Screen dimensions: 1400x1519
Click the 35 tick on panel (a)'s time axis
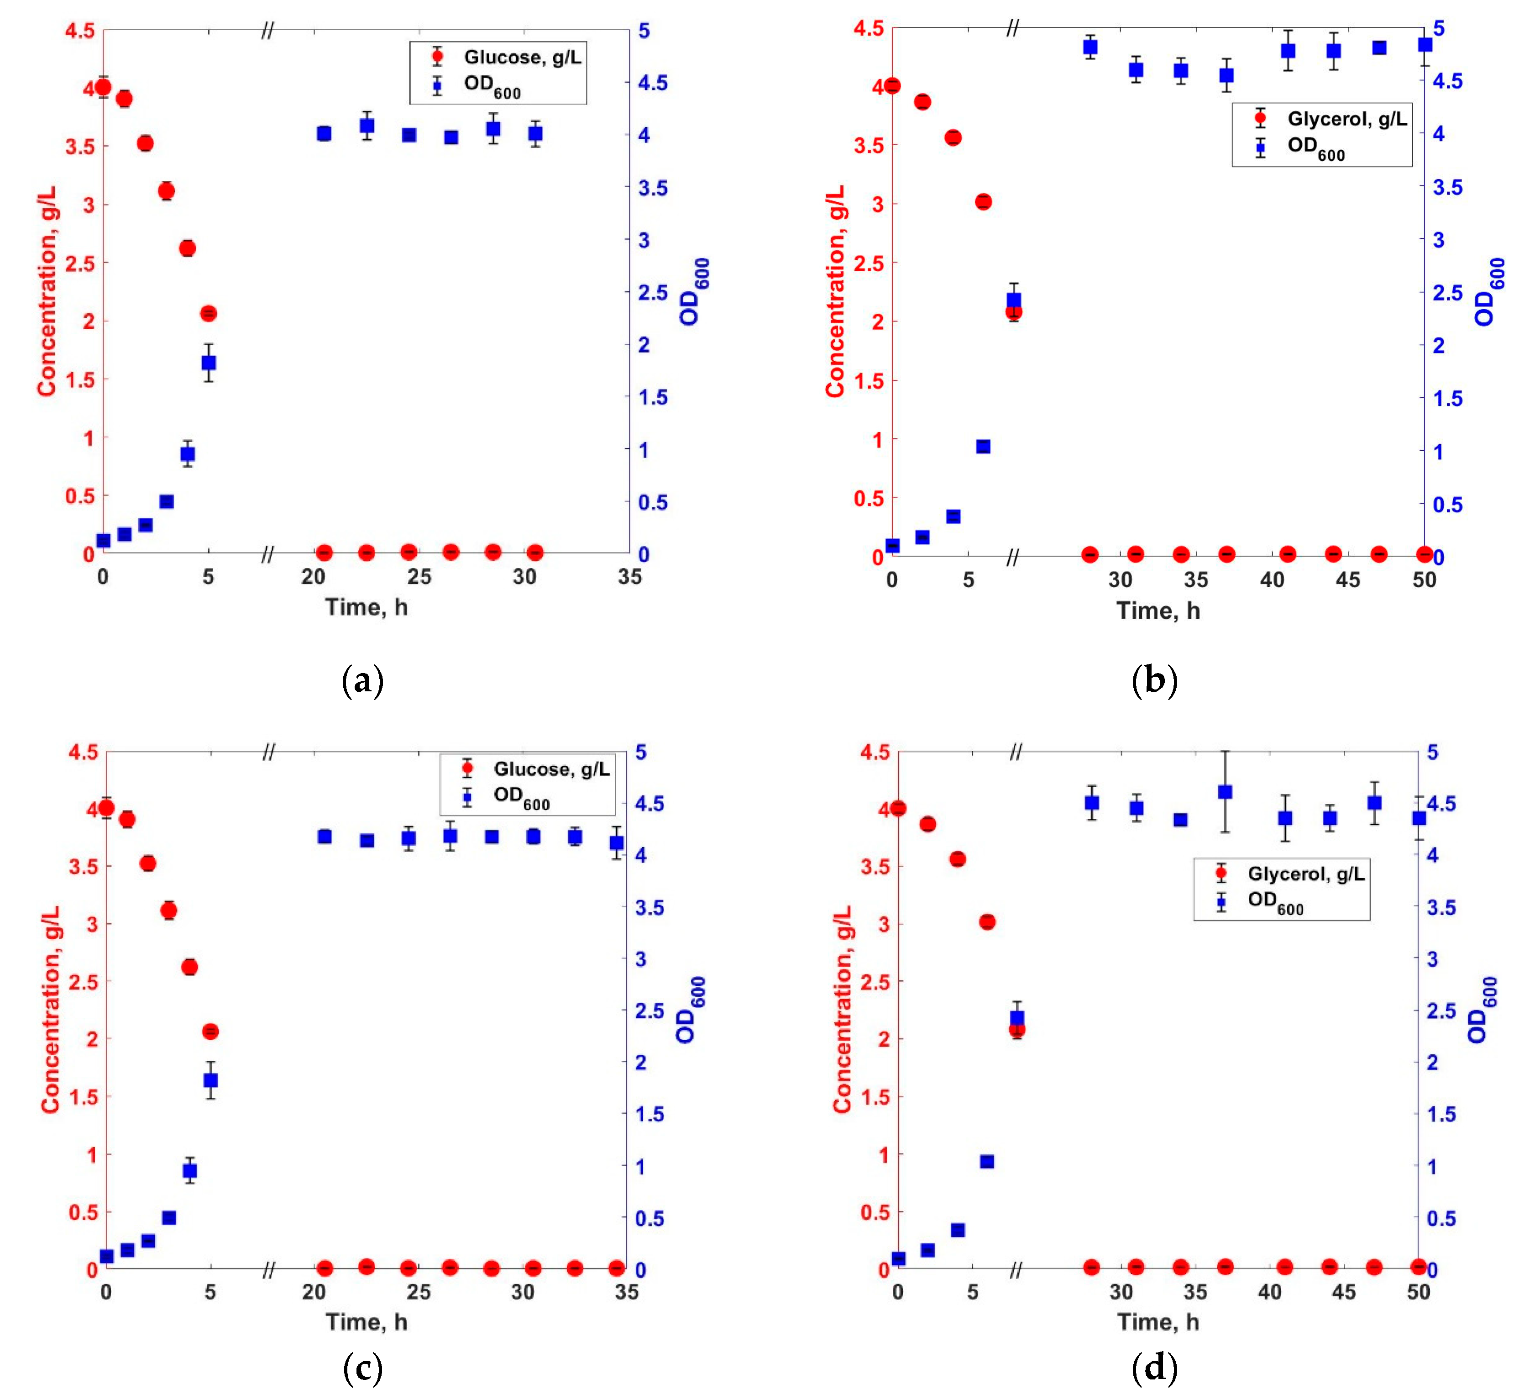(x=629, y=577)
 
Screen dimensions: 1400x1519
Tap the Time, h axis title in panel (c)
(x=367, y=1322)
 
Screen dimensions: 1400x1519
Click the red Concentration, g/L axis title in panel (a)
(x=47, y=292)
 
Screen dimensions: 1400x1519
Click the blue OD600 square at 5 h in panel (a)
(x=208, y=363)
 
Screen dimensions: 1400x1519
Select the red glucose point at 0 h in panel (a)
(x=103, y=87)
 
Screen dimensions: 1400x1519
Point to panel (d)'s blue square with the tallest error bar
(x=1225, y=792)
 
